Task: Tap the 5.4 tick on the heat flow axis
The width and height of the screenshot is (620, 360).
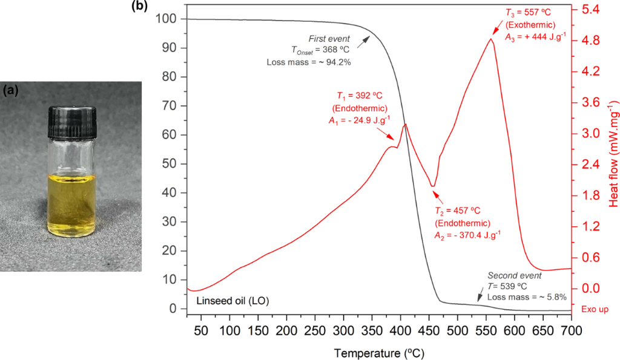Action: coord(589,10)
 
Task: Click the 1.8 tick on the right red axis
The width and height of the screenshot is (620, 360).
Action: coord(589,195)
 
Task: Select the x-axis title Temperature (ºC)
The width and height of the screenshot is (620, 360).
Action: coord(378,352)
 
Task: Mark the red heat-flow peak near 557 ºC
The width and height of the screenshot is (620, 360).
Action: coord(490,39)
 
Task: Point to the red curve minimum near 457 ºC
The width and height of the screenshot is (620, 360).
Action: coord(432,186)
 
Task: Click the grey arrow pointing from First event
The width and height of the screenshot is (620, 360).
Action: coord(363,41)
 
